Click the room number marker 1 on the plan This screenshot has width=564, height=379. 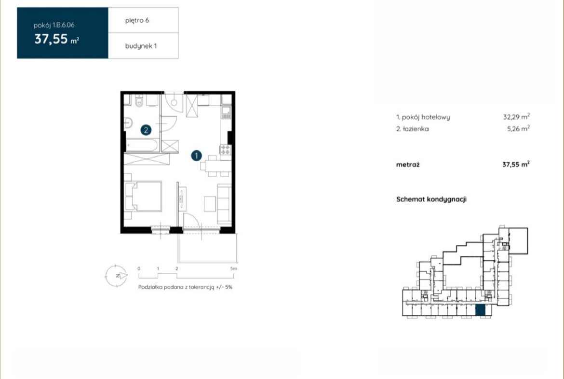coord(196,155)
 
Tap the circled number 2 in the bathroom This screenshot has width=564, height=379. coord(146,130)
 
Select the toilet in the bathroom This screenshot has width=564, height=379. coord(139,101)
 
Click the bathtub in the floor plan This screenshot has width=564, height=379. coord(142,145)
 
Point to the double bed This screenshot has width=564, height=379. coord(143,196)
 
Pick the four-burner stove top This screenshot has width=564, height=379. coord(226,150)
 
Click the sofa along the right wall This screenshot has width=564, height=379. coord(225,204)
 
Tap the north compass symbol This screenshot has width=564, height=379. coord(116,276)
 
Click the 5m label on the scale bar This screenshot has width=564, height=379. coord(234,268)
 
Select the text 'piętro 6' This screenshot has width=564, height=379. coord(137,20)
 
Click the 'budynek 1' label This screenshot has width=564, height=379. coord(141,46)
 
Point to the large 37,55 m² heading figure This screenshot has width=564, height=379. coord(56,39)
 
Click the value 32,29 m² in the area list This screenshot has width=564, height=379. coord(516,117)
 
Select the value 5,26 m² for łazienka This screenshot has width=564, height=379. coord(518,128)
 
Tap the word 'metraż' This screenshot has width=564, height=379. coord(408,165)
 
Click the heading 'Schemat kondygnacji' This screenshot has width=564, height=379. coord(431,199)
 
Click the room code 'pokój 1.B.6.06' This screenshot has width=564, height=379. coord(54,25)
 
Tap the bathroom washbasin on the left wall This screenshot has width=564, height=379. coord(128,123)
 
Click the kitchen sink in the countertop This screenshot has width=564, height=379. coord(226,113)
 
